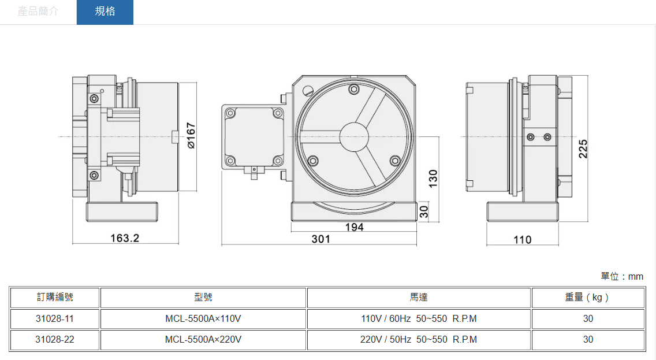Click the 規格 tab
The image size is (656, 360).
105,12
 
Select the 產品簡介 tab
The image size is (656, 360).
38,12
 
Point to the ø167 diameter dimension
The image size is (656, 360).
191,136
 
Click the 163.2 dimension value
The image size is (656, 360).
125,238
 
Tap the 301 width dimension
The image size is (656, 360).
321,239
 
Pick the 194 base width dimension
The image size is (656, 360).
354,227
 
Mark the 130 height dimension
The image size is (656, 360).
433,177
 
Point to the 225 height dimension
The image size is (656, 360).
583,149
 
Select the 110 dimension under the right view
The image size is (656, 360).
523,239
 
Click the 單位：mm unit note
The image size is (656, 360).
622,276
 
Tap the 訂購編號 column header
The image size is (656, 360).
55,298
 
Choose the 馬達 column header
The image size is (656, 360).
419,298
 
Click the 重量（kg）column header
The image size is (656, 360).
587,298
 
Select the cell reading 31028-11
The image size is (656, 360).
55,318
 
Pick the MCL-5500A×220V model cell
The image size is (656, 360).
203,339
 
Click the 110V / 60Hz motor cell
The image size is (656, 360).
419,318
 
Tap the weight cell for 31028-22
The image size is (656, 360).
587,339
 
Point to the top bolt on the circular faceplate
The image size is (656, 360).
354,89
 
